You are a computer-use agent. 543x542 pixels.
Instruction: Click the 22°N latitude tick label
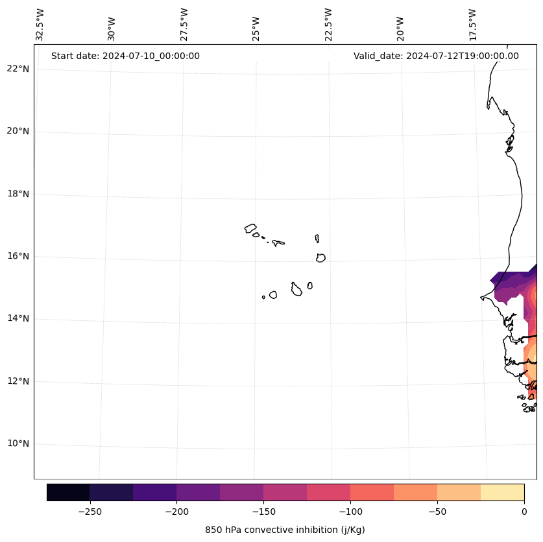pos(18,69)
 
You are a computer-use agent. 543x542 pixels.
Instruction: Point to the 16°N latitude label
pos(18,256)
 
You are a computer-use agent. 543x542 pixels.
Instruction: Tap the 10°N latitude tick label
pos(18,443)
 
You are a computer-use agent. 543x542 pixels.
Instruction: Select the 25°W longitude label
pos(256,25)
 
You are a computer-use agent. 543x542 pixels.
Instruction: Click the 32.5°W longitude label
pos(40,25)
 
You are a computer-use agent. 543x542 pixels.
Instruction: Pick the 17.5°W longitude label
pos(472,25)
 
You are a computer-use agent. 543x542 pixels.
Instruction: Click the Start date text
pos(125,56)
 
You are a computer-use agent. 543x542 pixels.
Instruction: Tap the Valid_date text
pos(436,56)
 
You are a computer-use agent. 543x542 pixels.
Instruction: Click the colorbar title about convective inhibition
pos(285,530)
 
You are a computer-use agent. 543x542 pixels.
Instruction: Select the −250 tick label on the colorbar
pos(90,512)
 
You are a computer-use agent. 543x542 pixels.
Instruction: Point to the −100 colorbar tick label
pos(350,512)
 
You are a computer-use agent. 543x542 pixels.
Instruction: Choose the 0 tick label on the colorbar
pos(524,512)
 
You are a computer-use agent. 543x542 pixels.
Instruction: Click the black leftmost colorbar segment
pos(68,492)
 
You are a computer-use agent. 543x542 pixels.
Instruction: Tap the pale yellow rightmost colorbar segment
pos(503,492)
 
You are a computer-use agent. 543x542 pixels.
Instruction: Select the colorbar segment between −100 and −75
pos(372,492)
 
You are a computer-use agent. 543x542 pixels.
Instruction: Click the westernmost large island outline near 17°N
pos(250,228)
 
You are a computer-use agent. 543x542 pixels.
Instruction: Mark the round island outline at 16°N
pos(320,258)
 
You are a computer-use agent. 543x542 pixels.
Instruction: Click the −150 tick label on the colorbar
pos(263,512)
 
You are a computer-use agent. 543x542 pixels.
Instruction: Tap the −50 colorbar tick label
pos(437,512)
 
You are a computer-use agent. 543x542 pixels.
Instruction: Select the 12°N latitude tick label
pos(18,381)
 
